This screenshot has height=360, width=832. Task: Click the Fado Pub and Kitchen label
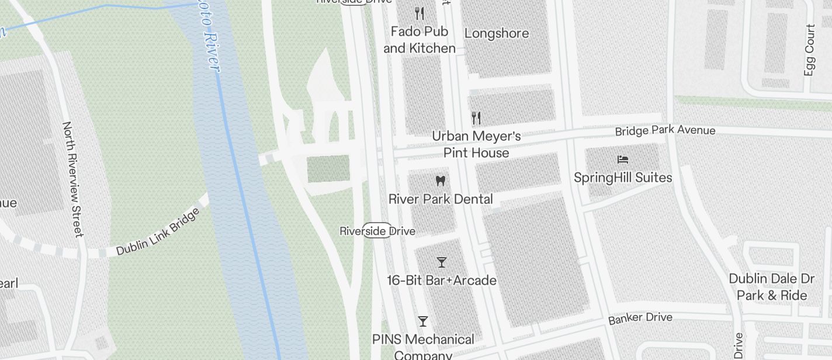point(420,40)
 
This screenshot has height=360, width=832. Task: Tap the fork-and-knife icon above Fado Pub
point(419,13)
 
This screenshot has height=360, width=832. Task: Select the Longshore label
point(497,33)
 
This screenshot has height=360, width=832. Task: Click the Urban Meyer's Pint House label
point(476,144)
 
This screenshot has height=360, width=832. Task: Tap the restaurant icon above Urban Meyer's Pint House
point(476,118)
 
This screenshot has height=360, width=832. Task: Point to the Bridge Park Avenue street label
point(665,130)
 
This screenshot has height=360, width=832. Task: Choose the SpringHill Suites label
point(623,178)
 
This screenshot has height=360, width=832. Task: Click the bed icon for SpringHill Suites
point(623,159)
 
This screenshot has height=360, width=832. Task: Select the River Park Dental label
point(441,199)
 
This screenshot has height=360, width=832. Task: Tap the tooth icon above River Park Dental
point(441,181)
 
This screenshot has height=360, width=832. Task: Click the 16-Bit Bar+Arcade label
point(442,281)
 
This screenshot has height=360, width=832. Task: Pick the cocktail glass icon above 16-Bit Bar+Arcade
point(442,262)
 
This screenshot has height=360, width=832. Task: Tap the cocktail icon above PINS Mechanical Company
point(423,321)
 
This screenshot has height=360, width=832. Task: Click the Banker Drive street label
point(640,319)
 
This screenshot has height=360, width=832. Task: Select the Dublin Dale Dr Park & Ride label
point(772,287)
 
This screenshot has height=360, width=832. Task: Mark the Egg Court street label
point(809,50)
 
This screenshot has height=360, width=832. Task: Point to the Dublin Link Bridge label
point(158,231)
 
